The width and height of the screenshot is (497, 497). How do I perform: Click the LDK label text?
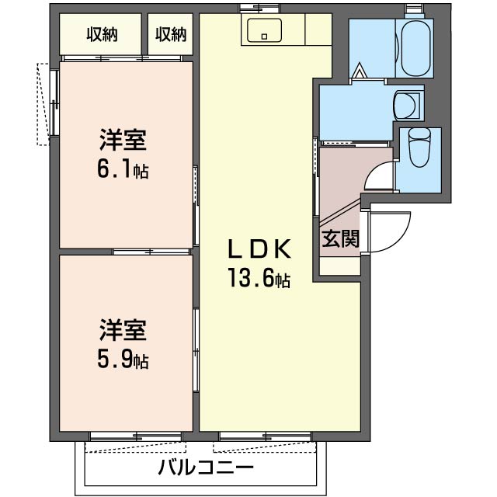pyautogui.click(x=259, y=248)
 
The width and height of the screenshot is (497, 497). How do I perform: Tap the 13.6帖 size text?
pyautogui.click(x=259, y=278)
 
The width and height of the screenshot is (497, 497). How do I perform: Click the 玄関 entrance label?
pyautogui.click(x=340, y=238)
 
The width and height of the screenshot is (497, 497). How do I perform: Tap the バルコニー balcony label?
pyautogui.click(x=206, y=468)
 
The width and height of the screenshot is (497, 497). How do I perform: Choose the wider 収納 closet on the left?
pyautogui.click(x=102, y=34)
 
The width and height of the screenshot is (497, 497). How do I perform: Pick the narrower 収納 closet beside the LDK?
pyautogui.click(x=171, y=34)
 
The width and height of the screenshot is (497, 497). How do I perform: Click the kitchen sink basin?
pyautogui.click(x=264, y=30)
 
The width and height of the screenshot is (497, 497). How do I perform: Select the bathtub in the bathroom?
pyautogui.click(x=415, y=48)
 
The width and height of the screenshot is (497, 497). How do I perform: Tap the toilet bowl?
pyautogui.click(x=419, y=147)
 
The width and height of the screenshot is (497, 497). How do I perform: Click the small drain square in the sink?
pyautogui.click(x=264, y=36)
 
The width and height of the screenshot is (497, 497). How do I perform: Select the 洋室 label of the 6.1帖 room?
pyautogui.click(x=123, y=140)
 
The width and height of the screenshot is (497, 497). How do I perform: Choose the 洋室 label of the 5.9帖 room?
pyautogui.click(x=123, y=330)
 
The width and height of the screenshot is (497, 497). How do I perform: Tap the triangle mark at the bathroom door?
pyautogui.click(x=360, y=70)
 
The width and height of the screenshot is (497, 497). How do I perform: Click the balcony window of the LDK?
pyautogui.click(x=266, y=436)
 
